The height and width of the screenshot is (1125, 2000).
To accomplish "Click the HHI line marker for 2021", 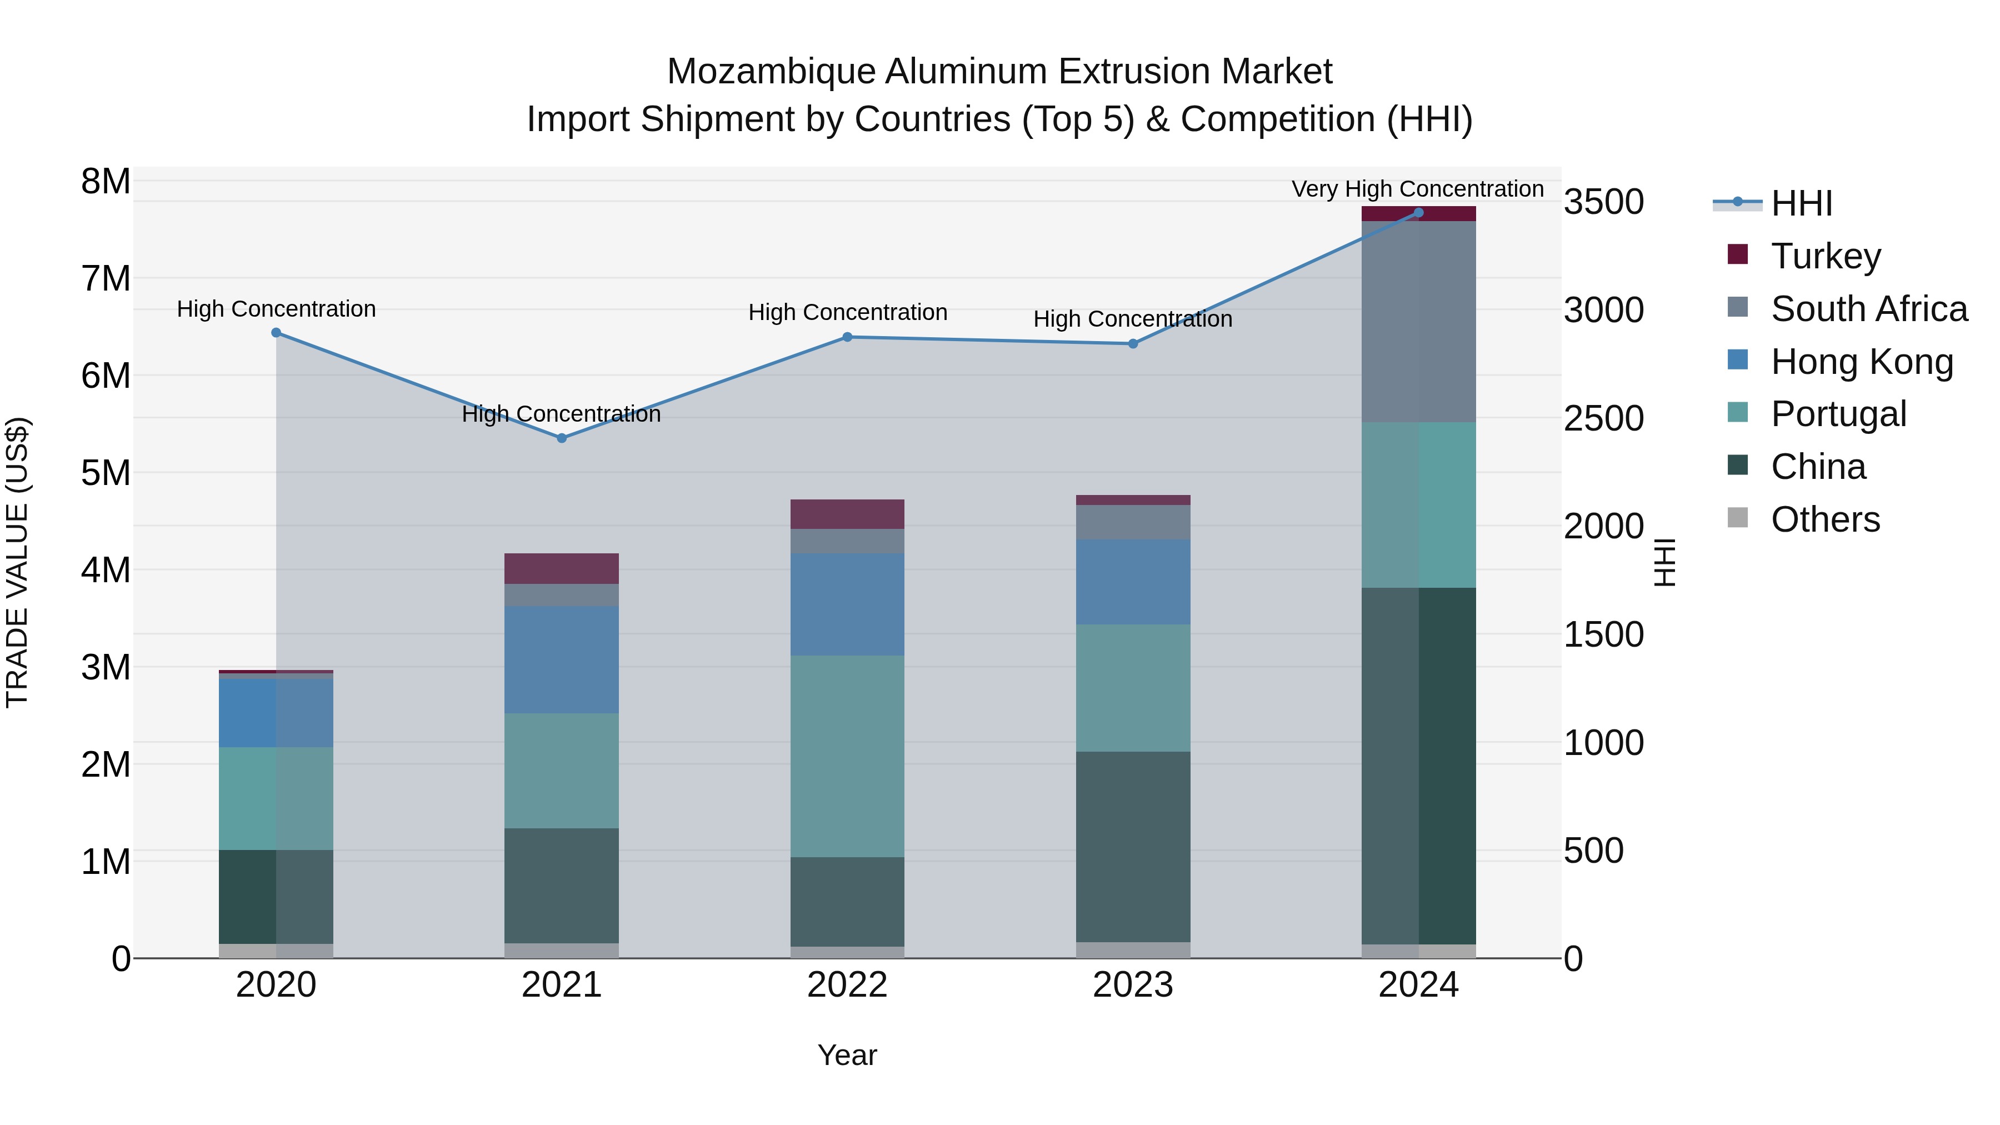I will (x=561, y=438).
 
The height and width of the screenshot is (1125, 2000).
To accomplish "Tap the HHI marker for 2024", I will (x=1418, y=213).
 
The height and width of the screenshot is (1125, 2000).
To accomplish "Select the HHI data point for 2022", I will (x=847, y=337).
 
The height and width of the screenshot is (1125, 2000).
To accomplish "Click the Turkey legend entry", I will (x=1824, y=256).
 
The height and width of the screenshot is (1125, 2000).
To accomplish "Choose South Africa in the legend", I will (x=1868, y=308).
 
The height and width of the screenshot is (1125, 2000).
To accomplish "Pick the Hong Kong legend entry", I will (x=1860, y=361).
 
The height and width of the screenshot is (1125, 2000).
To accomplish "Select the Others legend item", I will (x=1824, y=519).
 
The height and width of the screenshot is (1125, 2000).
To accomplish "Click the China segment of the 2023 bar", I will (x=1133, y=846).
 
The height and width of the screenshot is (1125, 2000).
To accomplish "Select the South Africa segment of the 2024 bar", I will (x=1418, y=322).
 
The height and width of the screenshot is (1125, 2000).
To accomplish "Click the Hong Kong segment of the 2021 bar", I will (x=561, y=660).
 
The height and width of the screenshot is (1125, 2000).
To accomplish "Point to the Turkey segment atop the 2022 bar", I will (x=847, y=514).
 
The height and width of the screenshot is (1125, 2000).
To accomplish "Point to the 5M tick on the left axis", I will (x=106, y=473).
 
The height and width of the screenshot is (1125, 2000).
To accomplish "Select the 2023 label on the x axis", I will (x=1133, y=985).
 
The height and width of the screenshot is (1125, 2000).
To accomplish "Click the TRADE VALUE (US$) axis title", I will (x=17, y=562).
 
